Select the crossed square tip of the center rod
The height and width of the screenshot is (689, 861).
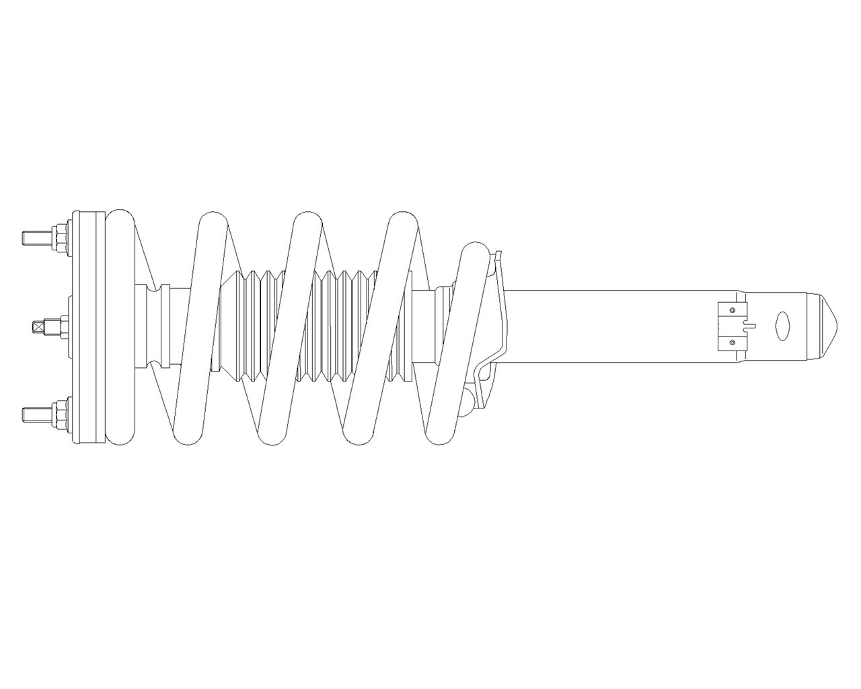coord(39,326)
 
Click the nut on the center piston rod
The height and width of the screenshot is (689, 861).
coord(59,326)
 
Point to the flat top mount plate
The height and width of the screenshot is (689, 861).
coord(89,326)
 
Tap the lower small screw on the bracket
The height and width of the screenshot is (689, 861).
coord(732,342)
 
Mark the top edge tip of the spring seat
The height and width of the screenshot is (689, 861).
coord(498,254)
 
